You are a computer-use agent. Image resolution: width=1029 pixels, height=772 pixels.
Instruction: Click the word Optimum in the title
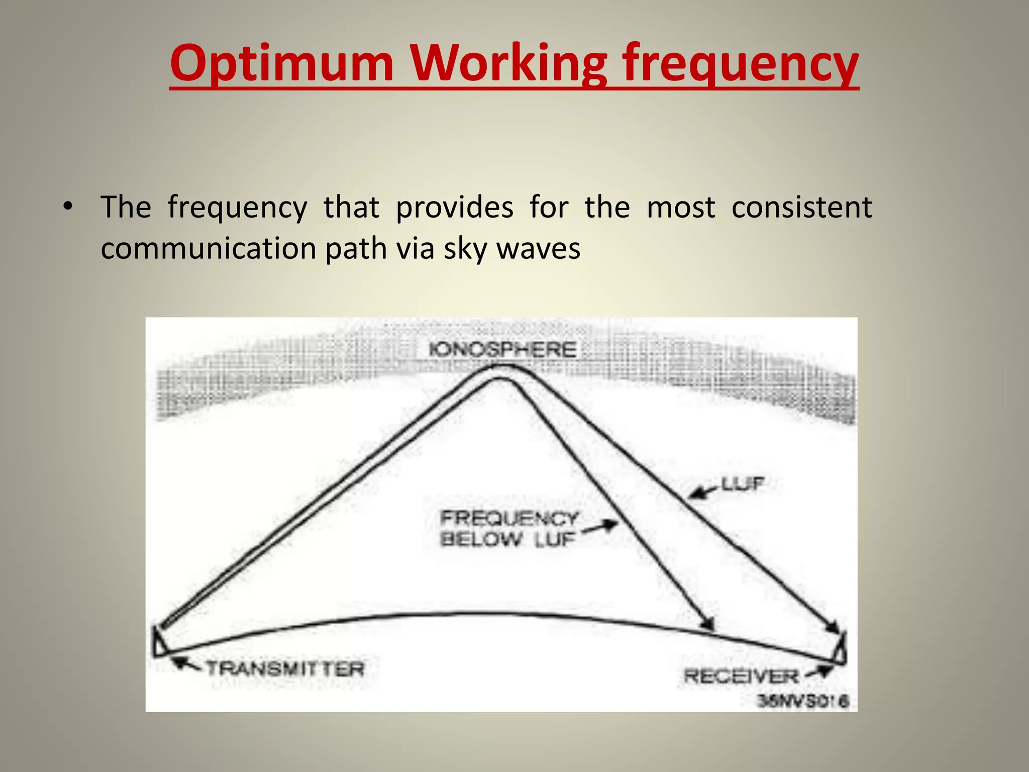point(281,63)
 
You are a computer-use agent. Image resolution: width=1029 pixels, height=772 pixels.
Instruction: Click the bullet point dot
point(67,207)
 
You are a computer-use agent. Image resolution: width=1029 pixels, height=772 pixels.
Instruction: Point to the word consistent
point(801,207)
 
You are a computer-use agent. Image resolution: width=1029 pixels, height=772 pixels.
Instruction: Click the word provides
point(454,207)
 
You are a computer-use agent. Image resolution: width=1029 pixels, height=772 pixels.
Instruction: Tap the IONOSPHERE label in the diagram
point(502,349)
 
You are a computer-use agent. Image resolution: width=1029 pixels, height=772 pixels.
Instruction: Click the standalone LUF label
point(742,484)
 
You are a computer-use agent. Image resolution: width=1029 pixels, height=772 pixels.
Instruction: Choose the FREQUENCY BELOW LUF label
point(508,528)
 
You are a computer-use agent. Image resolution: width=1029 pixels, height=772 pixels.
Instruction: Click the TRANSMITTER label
point(285,669)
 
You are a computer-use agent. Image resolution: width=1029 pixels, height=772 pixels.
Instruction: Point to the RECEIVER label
point(741,676)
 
